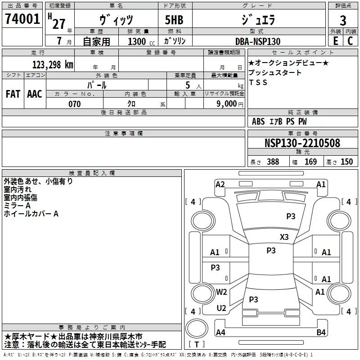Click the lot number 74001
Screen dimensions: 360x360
[22, 19]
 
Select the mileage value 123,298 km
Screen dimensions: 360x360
[53, 64]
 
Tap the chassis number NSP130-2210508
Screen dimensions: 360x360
[302, 143]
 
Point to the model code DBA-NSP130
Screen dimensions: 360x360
[258, 41]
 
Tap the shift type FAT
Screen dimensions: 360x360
[13, 94]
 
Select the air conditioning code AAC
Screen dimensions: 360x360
[34, 94]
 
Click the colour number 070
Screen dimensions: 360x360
[75, 104]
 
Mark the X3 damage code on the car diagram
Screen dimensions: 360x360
[284, 237]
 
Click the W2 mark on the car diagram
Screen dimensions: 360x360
[221, 292]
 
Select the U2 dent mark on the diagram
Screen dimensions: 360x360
[221, 308]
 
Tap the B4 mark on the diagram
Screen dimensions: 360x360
[321, 333]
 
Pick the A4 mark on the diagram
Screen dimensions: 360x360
[220, 333]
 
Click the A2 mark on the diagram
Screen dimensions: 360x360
[220, 184]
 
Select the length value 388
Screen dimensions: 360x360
[273, 162]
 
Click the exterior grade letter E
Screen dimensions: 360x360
[335, 41]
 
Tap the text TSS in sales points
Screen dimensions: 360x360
[258, 82]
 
